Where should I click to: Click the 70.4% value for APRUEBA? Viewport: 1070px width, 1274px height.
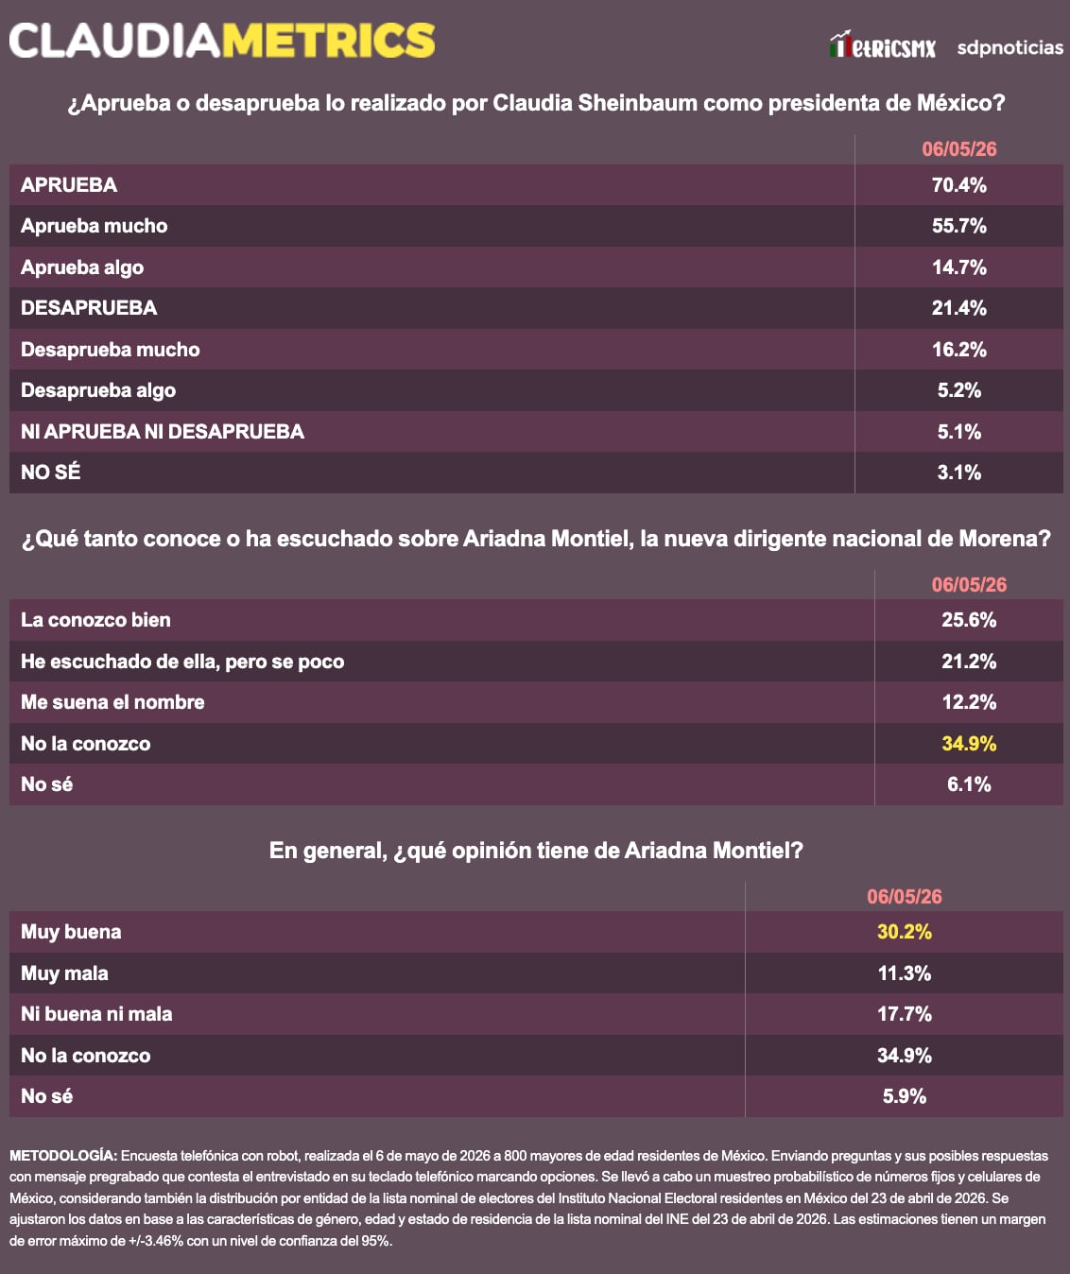point(958,185)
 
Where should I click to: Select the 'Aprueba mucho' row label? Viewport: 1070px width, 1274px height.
point(94,226)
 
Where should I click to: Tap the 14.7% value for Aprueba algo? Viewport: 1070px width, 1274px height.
point(958,267)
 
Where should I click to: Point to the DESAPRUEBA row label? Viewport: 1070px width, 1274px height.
point(89,308)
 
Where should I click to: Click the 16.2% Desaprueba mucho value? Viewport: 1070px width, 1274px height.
point(958,349)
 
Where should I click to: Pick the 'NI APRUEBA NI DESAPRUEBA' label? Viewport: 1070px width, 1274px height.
point(163,431)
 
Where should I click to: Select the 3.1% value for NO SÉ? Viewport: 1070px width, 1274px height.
point(958,473)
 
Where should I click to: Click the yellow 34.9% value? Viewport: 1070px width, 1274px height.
point(969,743)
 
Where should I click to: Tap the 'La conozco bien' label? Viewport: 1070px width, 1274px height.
point(95,620)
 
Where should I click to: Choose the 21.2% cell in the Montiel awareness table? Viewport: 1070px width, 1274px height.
point(969,661)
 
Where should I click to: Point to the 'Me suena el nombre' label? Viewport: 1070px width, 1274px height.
point(112,702)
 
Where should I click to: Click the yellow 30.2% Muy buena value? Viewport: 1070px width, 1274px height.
point(905,932)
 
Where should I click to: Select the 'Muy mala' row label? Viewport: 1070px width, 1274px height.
point(64,973)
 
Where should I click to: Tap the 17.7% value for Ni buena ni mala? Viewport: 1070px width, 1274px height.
point(905,1014)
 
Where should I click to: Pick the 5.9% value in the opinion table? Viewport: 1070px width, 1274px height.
point(905,1095)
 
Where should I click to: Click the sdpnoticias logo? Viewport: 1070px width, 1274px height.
point(1010,47)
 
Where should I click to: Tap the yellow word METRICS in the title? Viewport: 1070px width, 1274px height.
point(328,41)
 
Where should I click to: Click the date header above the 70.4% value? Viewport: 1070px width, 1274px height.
point(958,149)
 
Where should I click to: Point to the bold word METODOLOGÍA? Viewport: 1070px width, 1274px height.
point(63,1156)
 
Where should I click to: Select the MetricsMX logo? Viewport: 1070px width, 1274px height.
point(882,44)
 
